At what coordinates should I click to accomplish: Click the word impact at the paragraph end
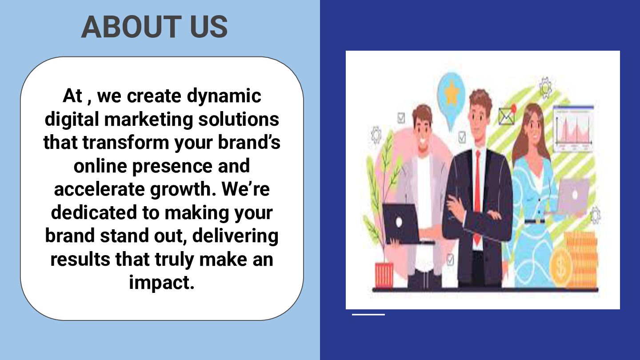(161, 282)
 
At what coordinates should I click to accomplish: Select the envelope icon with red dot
(506, 116)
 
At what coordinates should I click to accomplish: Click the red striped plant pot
(384, 275)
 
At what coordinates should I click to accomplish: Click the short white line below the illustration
(368, 315)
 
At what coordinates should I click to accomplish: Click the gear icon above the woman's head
(545, 88)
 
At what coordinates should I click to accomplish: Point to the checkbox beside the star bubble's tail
(462, 136)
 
